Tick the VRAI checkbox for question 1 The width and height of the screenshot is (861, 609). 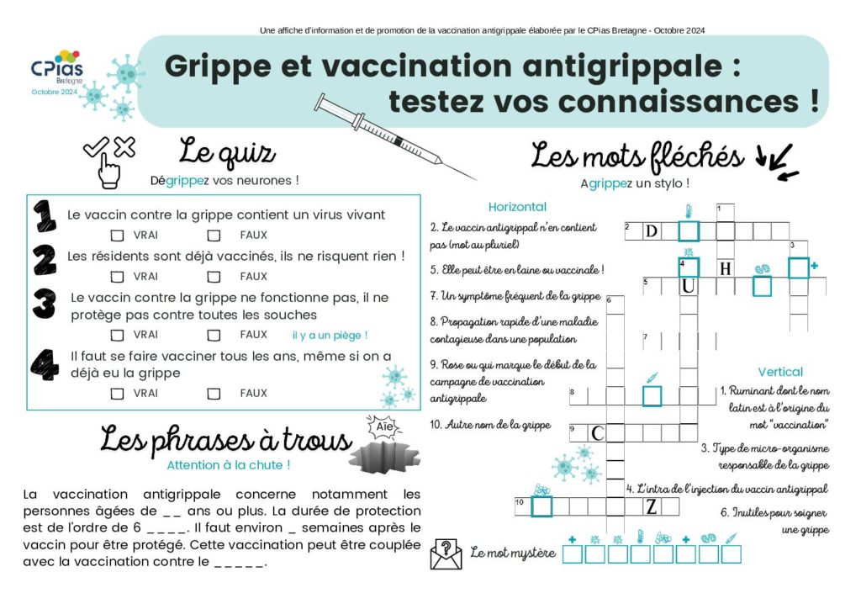pyautogui.click(x=118, y=236)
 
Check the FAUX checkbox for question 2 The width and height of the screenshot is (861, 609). pyautogui.click(x=214, y=276)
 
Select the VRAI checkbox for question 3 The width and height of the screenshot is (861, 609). pyautogui.click(x=118, y=335)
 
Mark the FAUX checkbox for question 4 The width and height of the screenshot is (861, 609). pyautogui.click(x=214, y=393)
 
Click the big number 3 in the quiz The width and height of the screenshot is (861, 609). pyautogui.click(x=44, y=305)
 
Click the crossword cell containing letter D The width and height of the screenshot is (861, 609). pyautogui.click(x=651, y=231)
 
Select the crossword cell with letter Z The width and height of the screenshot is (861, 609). pyautogui.click(x=651, y=506)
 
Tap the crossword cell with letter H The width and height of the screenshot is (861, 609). pyautogui.click(x=725, y=268)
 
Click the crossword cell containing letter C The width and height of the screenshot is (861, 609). pyautogui.click(x=597, y=433)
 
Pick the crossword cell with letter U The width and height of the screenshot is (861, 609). pyautogui.click(x=689, y=287)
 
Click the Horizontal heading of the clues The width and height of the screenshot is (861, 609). pyautogui.click(x=517, y=207)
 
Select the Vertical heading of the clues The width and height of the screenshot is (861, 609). pyautogui.click(x=779, y=372)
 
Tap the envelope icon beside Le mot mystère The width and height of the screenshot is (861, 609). pyautogui.click(x=446, y=553)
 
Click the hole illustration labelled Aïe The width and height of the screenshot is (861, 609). pyautogui.click(x=383, y=454)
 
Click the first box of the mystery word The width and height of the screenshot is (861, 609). pyautogui.click(x=572, y=554)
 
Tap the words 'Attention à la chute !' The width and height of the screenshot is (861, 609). pyautogui.click(x=229, y=464)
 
